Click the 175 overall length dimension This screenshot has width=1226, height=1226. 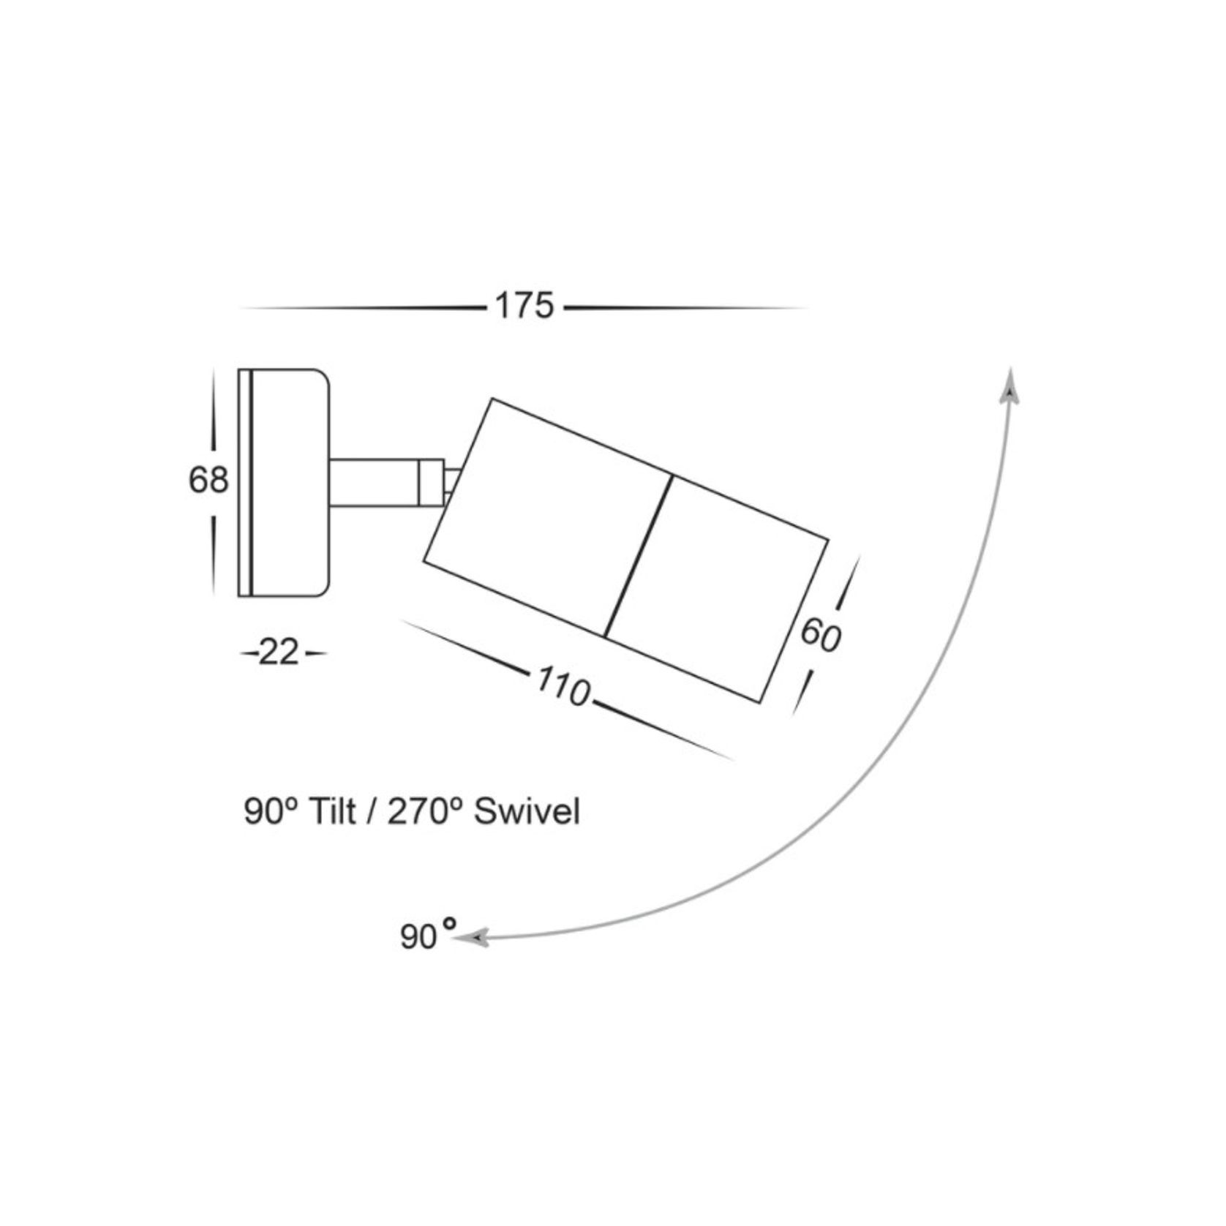click(524, 306)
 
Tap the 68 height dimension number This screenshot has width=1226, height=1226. click(208, 481)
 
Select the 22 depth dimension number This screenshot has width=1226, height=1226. click(279, 653)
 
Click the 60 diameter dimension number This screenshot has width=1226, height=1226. click(820, 634)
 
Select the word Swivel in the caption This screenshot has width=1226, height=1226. click(527, 811)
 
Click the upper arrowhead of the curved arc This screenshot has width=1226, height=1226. click(1011, 386)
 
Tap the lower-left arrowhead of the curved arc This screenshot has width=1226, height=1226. click(472, 937)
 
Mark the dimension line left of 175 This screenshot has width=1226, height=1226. click(362, 308)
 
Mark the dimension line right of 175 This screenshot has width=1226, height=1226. click(684, 308)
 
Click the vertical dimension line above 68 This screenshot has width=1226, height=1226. click(213, 410)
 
